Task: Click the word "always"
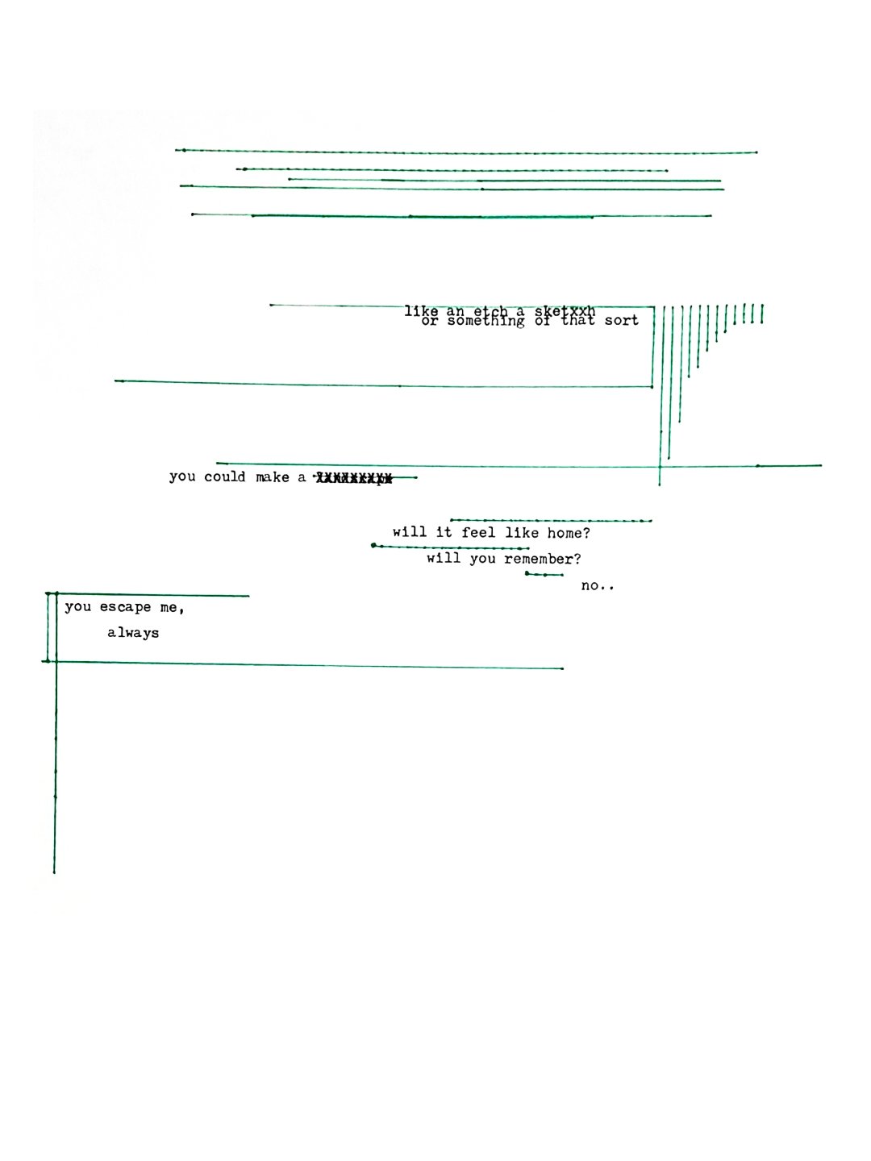click(133, 633)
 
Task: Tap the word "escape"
click(125, 607)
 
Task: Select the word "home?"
click(569, 533)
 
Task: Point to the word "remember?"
click(542, 559)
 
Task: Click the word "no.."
click(597, 585)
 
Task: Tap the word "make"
click(272, 477)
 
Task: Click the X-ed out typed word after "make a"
click(353, 478)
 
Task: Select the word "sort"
click(621, 321)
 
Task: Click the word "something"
click(486, 322)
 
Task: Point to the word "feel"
click(478, 532)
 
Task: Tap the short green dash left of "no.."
click(544, 575)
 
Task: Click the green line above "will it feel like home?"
click(551, 521)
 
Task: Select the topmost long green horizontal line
click(466, 152)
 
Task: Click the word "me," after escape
click(172, 608)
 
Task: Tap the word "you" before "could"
click(182, 476)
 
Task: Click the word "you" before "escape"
click(78, 607)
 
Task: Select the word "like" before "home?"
click(522, 532)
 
